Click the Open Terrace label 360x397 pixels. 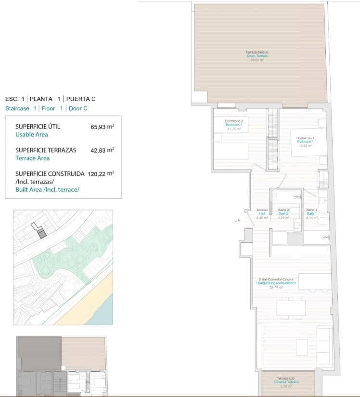[x=257, y=56]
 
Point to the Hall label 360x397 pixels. [x=262, y=214]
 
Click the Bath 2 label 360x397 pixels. [x=283, y=214]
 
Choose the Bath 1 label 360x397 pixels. [x=311, y=214]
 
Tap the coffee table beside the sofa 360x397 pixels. [x=302, y=346]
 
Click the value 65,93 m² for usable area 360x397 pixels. [x=102, y=127]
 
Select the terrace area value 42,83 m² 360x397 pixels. [x=102, y=150]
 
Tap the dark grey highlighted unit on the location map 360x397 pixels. [x=42, y=235]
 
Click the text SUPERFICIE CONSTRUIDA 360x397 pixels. [x=50, y=173]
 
